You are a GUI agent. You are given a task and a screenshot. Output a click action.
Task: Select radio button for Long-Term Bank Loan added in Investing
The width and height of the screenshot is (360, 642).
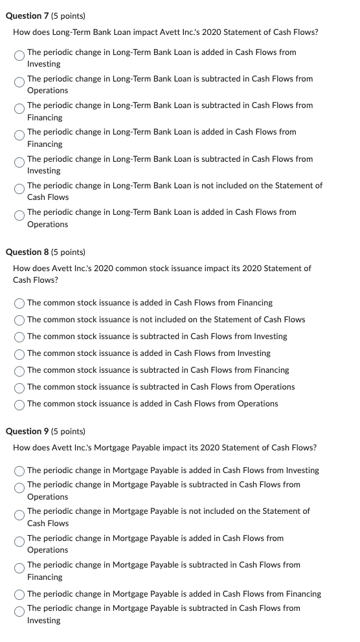(x=20, y=58)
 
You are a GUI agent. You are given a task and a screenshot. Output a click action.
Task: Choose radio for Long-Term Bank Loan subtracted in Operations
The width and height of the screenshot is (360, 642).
(x=20, y=84)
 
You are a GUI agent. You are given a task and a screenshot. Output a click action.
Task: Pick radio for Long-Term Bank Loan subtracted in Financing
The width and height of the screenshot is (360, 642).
(x=20, y=111)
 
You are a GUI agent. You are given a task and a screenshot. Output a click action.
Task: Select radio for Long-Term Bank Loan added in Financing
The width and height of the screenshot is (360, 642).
(x=20, y=137)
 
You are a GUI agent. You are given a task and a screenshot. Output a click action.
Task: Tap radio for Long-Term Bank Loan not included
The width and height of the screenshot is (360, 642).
(x=20, y=191)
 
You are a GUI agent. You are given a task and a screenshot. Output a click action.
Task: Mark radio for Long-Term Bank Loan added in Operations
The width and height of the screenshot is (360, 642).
(x=20, y=217)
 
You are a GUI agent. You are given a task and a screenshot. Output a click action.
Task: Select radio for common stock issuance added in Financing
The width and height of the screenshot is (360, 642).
(x=20, y=303)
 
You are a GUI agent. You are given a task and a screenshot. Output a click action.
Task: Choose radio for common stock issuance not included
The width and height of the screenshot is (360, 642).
(x=20, y=320)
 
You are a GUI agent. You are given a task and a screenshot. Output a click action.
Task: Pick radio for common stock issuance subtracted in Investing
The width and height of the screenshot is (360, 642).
(x=20, y=337)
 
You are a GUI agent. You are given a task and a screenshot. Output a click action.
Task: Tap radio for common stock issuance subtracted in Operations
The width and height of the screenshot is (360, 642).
(x=20, y=387)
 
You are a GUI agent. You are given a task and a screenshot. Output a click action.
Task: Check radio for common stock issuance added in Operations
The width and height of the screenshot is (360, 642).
(x=20, y=404)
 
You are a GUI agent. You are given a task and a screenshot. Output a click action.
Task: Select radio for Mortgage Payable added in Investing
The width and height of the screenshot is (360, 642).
(x=20, y=470)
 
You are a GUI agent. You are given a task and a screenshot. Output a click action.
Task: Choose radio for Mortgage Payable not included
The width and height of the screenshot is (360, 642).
(x=20, y=516)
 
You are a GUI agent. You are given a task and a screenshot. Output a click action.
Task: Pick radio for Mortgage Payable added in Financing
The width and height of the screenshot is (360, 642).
(x=20, y=594)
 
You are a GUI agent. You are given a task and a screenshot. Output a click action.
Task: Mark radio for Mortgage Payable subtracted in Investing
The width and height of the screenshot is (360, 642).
(x=20, y=614)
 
